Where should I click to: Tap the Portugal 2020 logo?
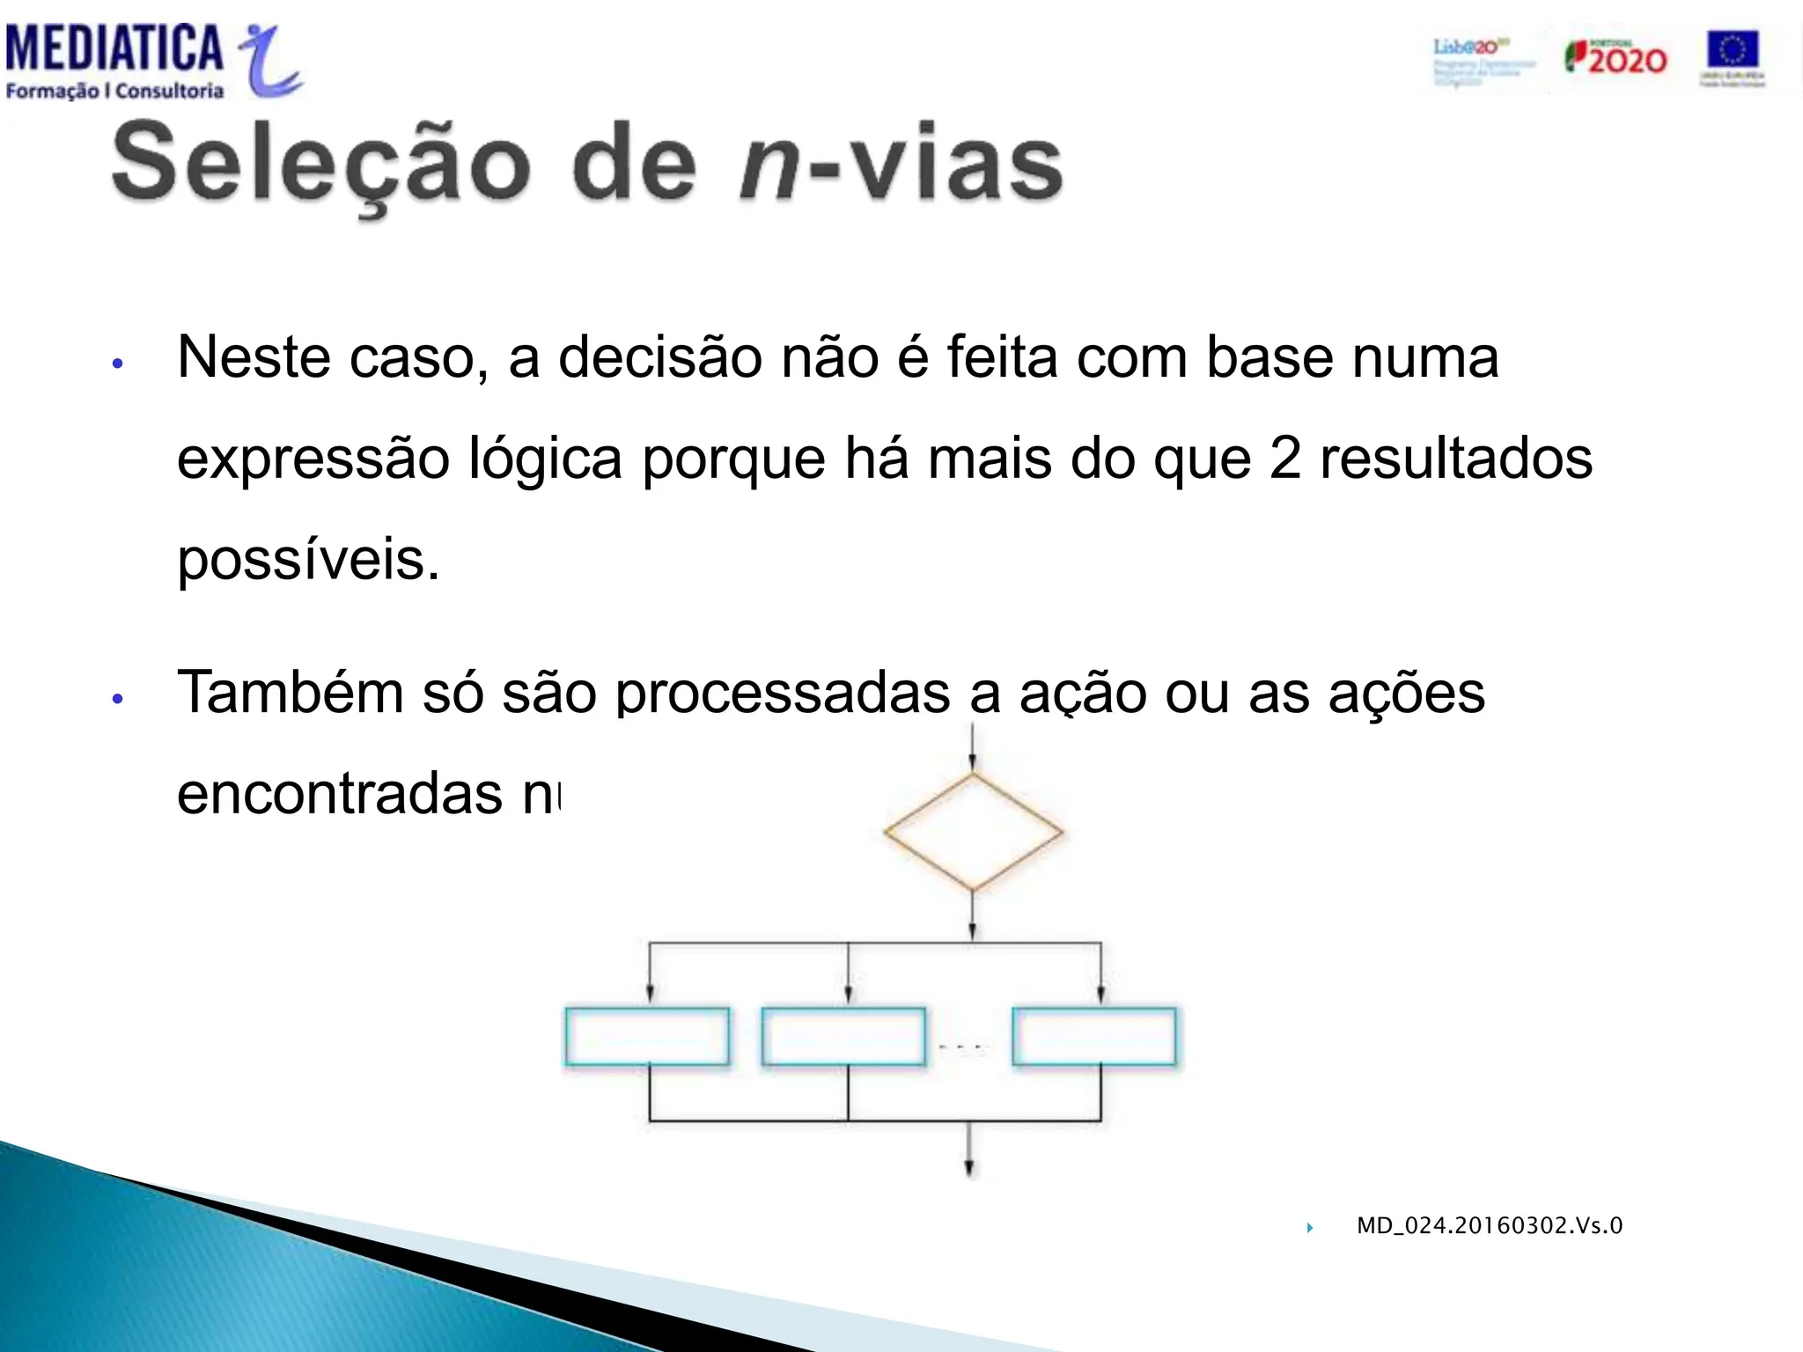pos(1615,58)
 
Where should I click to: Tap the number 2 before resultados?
pos(1284,459)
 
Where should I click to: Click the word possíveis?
pos(308,560)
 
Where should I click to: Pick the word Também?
pos(291,693)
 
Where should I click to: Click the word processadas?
pos(783,693)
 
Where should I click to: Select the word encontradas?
pos(339,794)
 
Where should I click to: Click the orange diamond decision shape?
pos(973,832)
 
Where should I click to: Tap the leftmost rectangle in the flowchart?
pos(647,1037)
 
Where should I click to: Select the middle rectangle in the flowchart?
pos(843,1037)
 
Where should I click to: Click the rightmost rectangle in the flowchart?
pos(1094,1037)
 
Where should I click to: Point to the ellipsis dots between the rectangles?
pos(964,1047)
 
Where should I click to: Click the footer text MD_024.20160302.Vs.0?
pos(1489,1225)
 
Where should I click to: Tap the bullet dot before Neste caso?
pos(118,364)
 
